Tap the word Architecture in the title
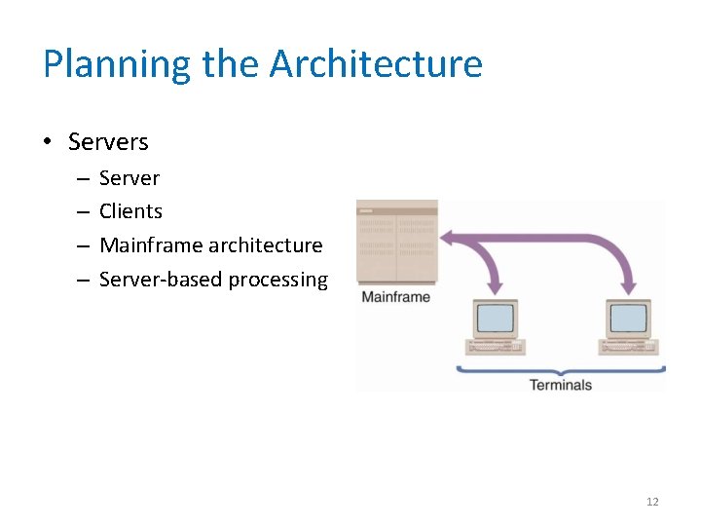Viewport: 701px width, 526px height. (x=376, y=64)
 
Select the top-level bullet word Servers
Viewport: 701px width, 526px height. (x=108, y=142)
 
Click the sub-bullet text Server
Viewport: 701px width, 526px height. (x=129, y=178)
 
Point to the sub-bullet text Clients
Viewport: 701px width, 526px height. (x=130, y=211)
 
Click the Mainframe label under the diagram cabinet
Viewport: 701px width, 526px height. (x=395, y=296)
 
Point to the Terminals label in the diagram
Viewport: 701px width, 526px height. (x=560, y=385)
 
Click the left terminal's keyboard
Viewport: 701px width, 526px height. (x=497, y=346)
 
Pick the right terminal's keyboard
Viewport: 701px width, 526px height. (x=631, y=346)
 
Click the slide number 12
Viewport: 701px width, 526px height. (x=652, y=502)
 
